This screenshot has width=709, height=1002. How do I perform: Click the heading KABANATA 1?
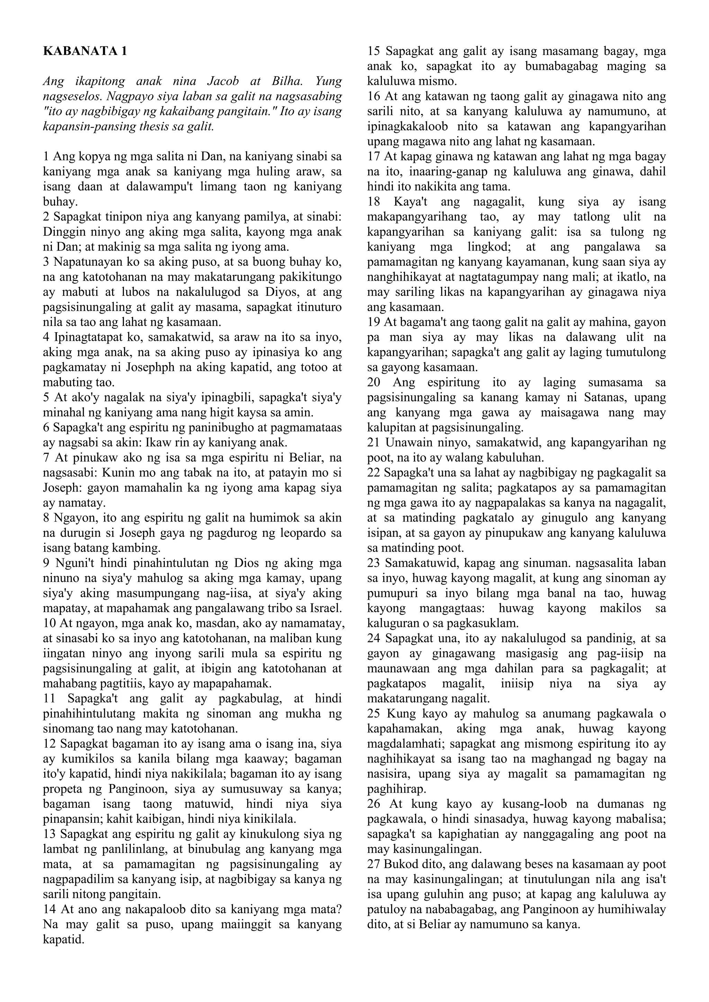[x=85, y=52]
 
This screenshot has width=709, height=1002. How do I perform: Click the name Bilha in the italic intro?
[x=287, y=82]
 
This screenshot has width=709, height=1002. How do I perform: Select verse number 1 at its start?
[x=46, y=156]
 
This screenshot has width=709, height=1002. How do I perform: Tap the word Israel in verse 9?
[x=328, y=608]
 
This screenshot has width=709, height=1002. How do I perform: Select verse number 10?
[x=50, y=623]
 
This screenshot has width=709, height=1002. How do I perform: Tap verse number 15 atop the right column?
[x=374, y=52]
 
